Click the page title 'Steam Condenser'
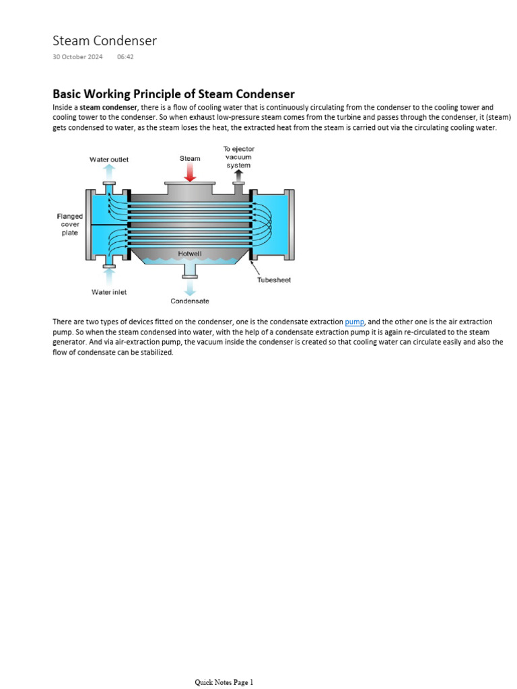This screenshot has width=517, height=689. (104, 41)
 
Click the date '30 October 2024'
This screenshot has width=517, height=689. (77, 57)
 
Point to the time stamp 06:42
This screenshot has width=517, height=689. (125, 57)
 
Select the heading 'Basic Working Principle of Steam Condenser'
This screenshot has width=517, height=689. (174, 94)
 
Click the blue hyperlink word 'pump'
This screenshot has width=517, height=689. (354, 322)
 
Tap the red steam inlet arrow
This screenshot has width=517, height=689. (190, 172)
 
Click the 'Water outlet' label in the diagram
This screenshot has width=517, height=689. (109, 159)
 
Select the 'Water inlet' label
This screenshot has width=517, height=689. (109, 292)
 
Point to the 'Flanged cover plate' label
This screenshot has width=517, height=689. (70, 225)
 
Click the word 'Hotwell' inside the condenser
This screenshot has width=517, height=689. (189, 254)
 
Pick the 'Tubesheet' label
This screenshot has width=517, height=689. (274, 280)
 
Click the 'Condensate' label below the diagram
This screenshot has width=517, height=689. (190, 301)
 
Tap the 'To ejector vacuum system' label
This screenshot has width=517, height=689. (238, 157)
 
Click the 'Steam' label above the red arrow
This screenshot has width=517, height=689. (190, 159)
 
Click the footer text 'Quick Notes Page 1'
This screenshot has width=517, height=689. (224, 682)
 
